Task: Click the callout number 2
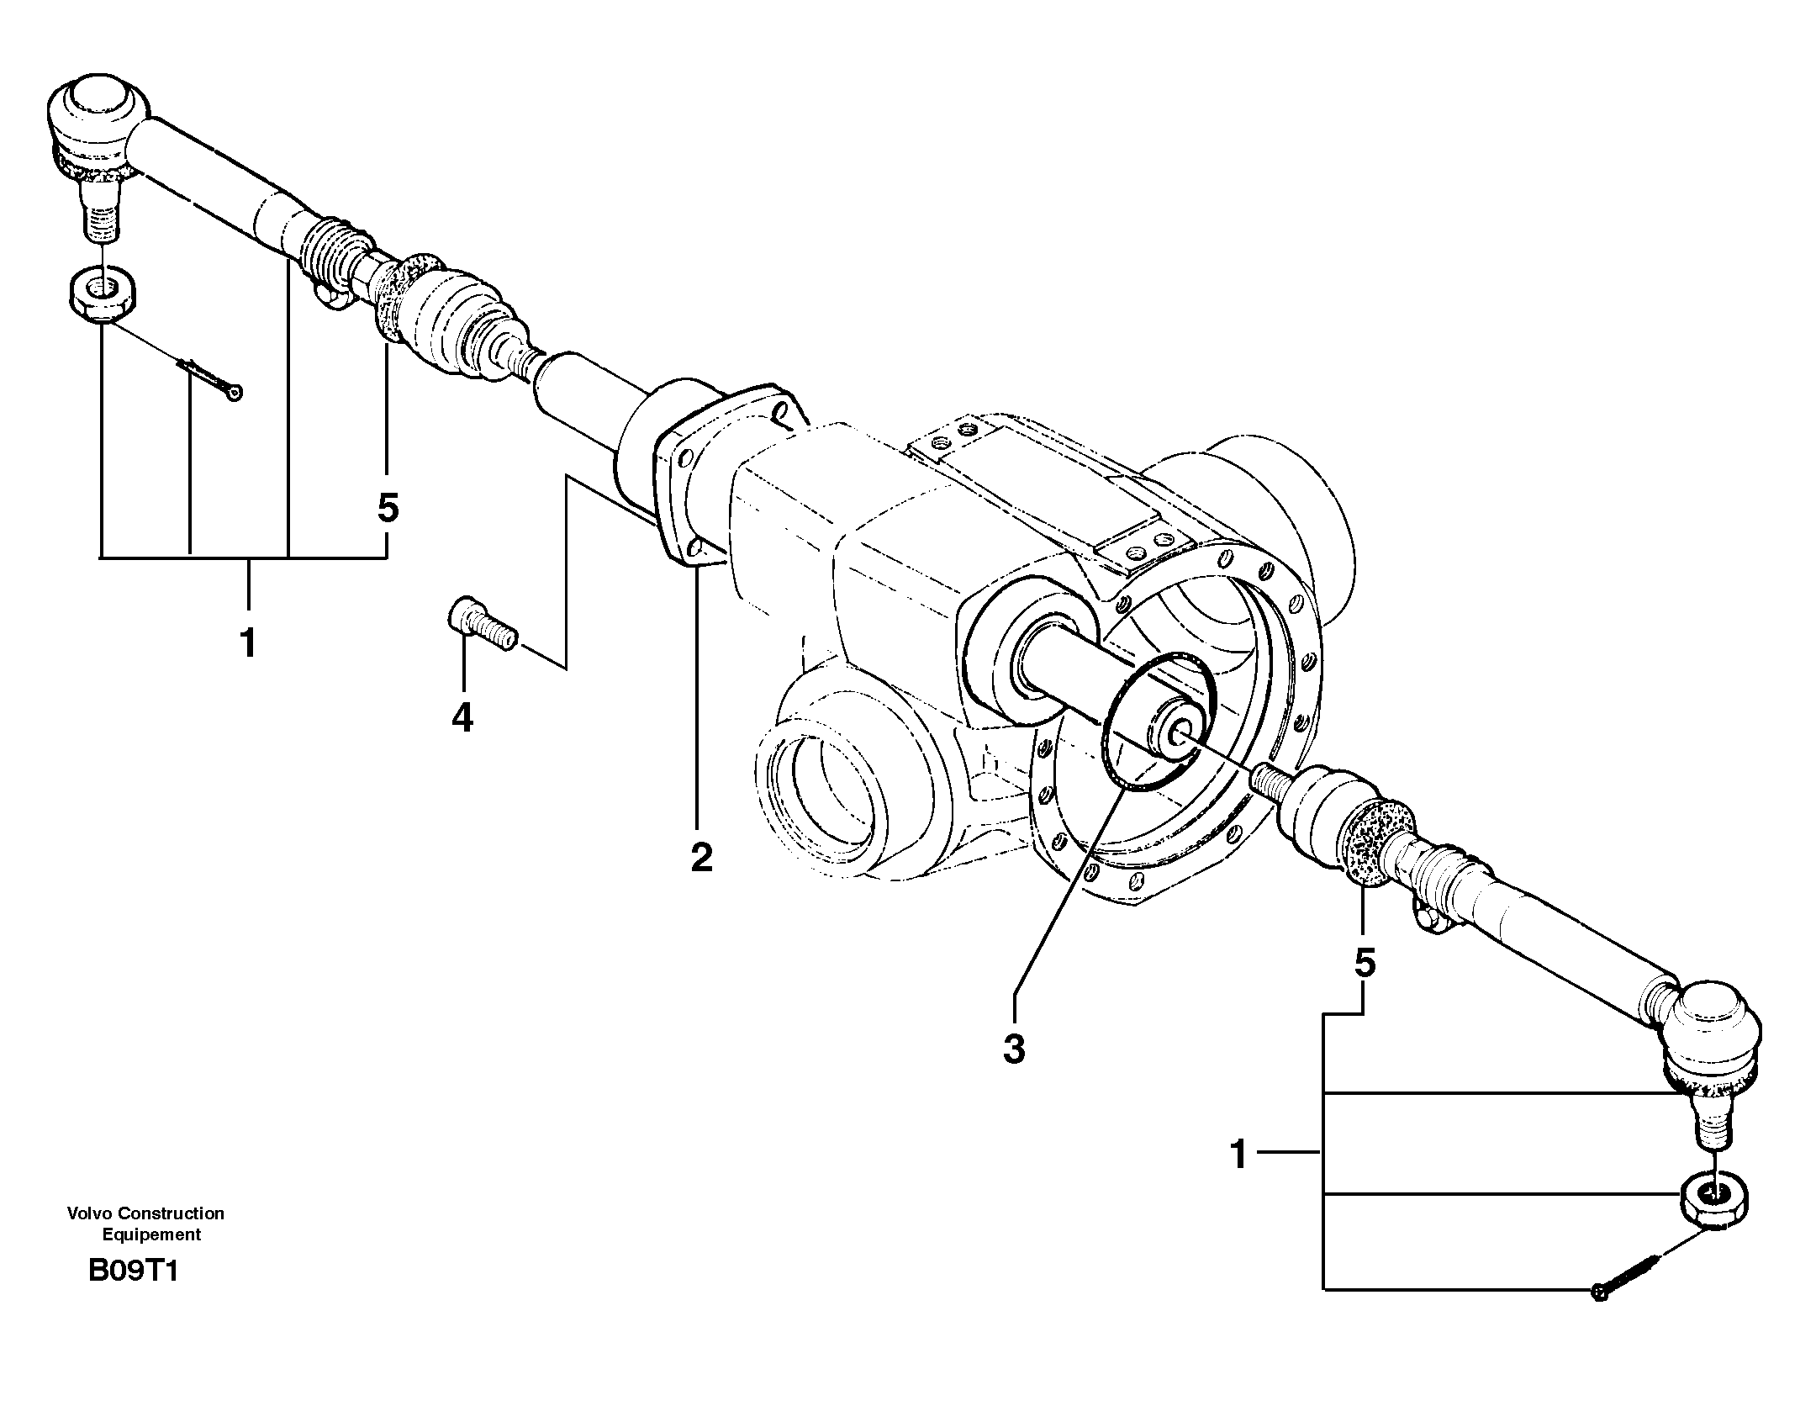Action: [x=700, y=857]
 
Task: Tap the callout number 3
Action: [x=1014, y=1049]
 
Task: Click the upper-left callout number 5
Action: [x=388, y=508]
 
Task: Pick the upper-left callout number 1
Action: [x=247, y=644]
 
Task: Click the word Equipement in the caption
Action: [x=151, y=1234]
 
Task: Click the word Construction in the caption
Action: [x=172, y=1213]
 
